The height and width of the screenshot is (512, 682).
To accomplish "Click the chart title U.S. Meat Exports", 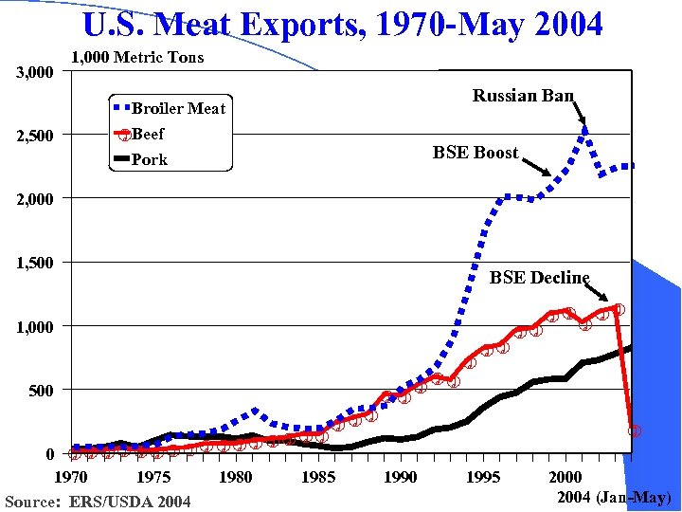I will point(342,24).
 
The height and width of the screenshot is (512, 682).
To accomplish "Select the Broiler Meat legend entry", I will point(178,108).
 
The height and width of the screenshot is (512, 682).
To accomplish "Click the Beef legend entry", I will point(148,135).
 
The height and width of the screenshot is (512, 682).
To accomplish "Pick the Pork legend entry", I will point(149,159).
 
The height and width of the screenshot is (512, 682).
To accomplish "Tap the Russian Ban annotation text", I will point(523,96).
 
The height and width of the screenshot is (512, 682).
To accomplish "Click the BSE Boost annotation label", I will point(476,153).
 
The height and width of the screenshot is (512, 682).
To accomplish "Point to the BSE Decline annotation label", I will point(539,278).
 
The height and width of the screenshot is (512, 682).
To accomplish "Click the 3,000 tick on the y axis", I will point(34,72).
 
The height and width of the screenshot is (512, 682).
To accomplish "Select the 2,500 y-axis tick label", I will point(34,136).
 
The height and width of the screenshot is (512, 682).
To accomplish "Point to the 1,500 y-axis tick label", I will point(34,263).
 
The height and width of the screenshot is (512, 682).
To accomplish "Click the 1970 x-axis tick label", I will point(72,477).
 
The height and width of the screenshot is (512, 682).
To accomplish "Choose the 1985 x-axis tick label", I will point(318,477).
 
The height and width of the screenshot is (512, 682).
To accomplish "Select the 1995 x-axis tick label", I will point(483,477).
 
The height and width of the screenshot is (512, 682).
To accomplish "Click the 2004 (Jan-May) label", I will point(613,497).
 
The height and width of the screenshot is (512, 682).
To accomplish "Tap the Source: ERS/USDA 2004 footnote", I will point(98,502).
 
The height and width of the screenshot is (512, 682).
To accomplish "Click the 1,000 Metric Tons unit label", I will point(137,58).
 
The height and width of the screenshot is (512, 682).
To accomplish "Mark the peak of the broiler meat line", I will point(585,127).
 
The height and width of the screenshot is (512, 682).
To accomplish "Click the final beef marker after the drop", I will point(635,430).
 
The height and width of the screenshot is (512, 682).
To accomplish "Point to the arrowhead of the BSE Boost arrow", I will point(550,175).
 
